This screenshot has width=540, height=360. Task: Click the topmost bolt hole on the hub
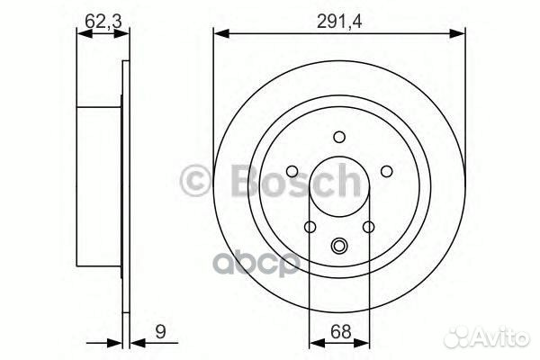(339, 137)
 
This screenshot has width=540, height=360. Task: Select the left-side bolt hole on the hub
(292, 171)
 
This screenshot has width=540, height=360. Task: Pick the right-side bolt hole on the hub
(386, 171)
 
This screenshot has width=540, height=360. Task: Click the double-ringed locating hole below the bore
(339, 246)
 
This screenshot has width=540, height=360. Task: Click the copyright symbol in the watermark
(196, 181)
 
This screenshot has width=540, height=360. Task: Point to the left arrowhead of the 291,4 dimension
(220, 34)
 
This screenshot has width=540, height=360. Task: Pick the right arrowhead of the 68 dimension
(364, 342)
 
